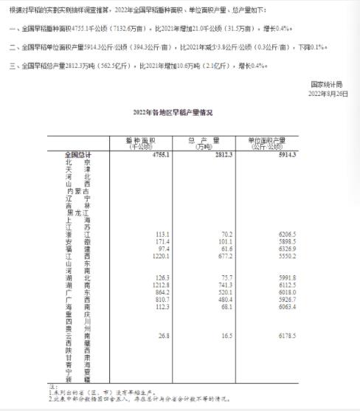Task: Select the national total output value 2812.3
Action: tap(221, 154)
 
